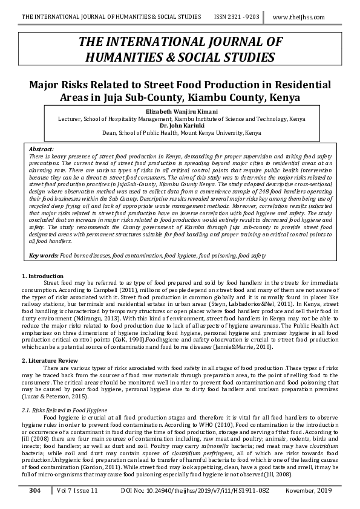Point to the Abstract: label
[x=42, y=149]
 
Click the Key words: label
[x=44, y=256]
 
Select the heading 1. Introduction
[x=42, y=276]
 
